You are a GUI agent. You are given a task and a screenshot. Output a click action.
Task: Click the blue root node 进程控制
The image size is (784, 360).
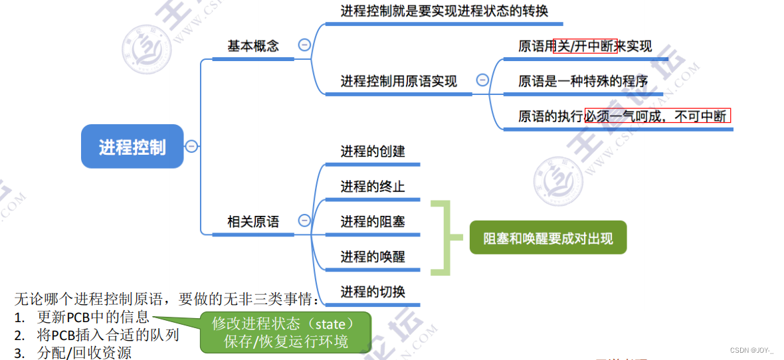(x=132, y=147)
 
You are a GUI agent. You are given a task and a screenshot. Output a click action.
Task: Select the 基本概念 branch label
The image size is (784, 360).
(x=253, y=46)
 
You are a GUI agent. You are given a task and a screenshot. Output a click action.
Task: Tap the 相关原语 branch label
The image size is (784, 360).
(x=253, y=222)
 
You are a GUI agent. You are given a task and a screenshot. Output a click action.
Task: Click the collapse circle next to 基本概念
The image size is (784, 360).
(x=304, y=45)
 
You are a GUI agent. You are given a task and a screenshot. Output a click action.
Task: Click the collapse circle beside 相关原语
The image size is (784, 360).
(x=304, y=221)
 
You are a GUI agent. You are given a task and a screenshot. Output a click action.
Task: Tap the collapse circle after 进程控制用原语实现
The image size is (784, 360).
(x=483, y=80)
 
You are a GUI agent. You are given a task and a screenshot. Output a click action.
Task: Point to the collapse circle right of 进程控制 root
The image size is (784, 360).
(x=191, y=146)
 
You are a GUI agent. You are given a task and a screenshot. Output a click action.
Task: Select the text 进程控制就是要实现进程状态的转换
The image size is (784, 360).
(x=444, y=11)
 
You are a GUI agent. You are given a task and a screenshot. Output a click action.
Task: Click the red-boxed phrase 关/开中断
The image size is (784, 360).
(x=585, y=46)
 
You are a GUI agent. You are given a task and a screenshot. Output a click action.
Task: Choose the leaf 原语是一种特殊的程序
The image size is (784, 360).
(x=583, y=82)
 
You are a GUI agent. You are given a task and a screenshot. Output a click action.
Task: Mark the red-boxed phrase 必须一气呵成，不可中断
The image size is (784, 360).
(x=657, y=116)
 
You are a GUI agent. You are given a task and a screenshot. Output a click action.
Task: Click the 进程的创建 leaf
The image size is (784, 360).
(x=373, y=151)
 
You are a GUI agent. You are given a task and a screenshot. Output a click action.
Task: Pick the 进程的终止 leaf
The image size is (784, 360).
(x=373, y=187)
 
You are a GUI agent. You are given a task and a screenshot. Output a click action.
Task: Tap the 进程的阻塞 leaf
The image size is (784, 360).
(x=373, y=222)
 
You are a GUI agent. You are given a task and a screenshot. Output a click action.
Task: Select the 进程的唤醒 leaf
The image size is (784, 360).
(x=373, y=257)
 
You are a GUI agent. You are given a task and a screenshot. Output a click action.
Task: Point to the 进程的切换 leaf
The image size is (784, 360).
(x=373, y=292)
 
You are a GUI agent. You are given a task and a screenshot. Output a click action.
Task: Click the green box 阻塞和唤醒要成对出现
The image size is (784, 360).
(x=548, y=238)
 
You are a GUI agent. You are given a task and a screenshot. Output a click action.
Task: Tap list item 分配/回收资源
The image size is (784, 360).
(x=84, y=353)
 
